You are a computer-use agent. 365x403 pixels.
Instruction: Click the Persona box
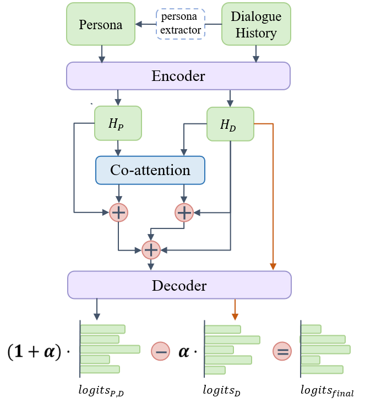coord(101,24)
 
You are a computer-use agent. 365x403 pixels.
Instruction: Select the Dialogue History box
coord(256,24)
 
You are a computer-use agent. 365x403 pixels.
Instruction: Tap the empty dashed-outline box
coord(181,24)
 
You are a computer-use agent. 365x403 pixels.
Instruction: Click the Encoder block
coord(178,75)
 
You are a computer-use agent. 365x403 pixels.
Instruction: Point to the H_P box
coord(118,123)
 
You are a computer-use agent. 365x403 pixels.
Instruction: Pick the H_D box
coord(230,124)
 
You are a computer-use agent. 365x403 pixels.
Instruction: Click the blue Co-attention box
coord(150,170)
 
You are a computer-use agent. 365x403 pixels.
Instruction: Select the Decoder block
coord(179,285)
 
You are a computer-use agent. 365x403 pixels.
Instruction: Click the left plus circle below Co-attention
coord(118,212)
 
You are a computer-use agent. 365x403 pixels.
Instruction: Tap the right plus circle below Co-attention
coord(184,212)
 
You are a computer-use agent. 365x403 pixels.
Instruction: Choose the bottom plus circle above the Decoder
coord(151,250)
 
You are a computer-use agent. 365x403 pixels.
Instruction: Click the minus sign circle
coord(161,351)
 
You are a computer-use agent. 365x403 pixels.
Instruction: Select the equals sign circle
coord(282,351)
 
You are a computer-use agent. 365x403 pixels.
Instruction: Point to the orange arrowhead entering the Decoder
coord(273,267)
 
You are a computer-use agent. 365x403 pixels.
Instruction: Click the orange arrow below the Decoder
coord(235,311)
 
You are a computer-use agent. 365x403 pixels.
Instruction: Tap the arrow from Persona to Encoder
coord(101,53)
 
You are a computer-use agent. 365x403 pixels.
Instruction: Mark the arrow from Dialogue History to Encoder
coord(256,53)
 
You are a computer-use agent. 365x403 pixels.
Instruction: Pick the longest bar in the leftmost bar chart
coord(110,349)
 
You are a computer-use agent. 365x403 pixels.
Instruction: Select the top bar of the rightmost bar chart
coord(311,329)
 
